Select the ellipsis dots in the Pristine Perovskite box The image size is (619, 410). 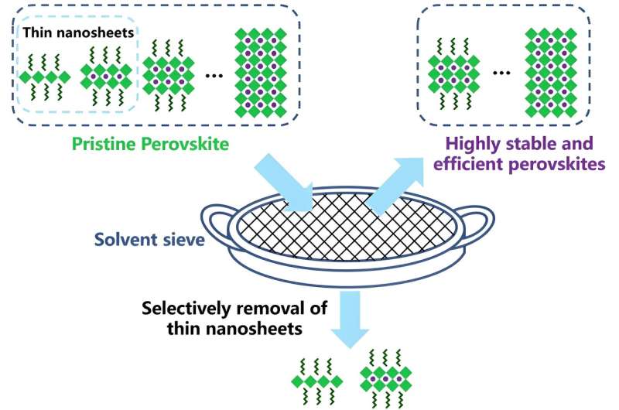pos(216,77)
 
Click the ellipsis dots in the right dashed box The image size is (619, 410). pos(502,76)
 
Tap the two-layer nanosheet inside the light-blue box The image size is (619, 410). pos(105,77)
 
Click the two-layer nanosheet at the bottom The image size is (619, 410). pos(384,379)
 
